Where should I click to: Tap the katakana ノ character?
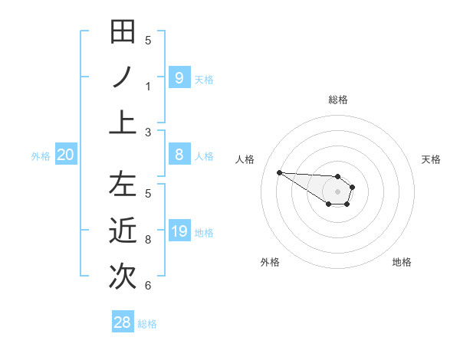[x=123, y=77]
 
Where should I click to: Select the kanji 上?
[x=123, y=122]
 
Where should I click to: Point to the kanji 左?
[x=123, y=185]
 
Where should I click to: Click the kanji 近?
[x=123, y=231]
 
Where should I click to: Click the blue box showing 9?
[x=179, y=77]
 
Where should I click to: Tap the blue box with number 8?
[x=179, y=155]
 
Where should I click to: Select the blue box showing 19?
[x=179, y=231]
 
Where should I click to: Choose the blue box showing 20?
[x=66, y=155]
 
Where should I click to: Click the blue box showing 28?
[x=123, y=322]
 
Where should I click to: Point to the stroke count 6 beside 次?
[x=148, y=286]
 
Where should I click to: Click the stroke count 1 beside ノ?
[x=148, y=87]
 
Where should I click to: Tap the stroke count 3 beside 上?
[x=148, y=133]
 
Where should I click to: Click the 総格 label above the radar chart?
[x=337, y=100]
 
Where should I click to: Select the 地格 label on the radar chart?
[x=402, y=262]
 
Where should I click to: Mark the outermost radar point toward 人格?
[x=279, y=172]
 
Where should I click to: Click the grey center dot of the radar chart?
[x=337, y=191]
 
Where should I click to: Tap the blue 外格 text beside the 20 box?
[x=41, y=156]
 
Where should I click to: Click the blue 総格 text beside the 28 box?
[x=148, y=324]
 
